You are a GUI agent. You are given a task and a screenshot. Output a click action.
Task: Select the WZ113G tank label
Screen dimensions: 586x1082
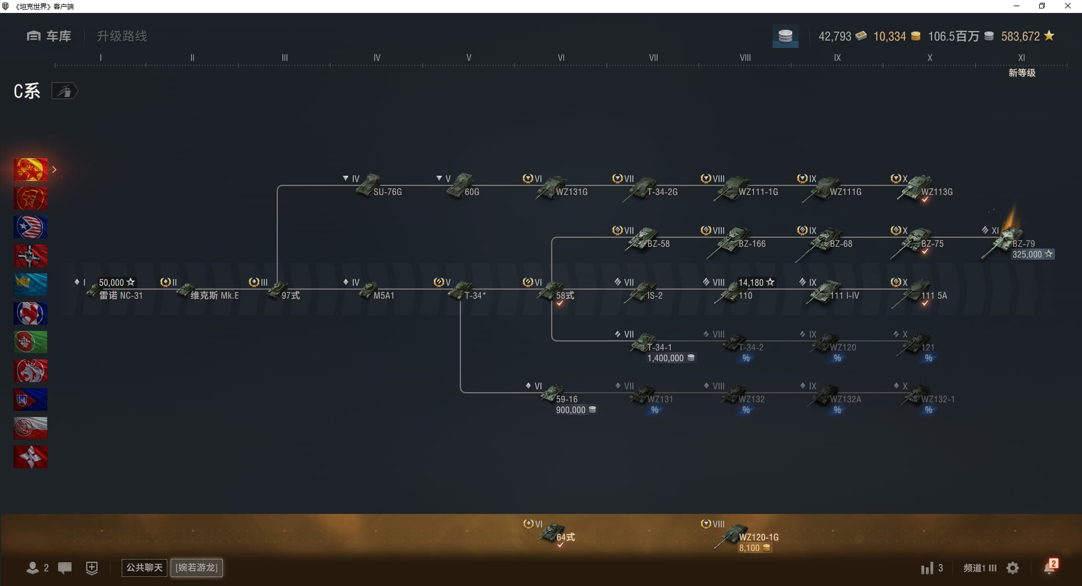(x=937, y=192)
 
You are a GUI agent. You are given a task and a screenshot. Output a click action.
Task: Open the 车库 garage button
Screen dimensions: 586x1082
(x=49, y=36)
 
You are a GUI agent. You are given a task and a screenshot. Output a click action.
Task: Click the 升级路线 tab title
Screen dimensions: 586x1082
(x=122, y=36)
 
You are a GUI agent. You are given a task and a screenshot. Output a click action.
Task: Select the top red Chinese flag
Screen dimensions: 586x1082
(x=30, y=170)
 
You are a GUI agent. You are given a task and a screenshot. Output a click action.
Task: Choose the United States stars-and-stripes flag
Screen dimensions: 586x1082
(x=30, y=227)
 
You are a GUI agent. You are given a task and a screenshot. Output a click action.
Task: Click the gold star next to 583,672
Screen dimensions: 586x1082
(x=1049, y=36)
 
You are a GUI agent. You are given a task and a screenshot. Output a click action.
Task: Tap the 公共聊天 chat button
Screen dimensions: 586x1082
(x=144, y=567)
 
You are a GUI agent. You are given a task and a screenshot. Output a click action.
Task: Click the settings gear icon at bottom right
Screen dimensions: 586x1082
(x=1013, y=568)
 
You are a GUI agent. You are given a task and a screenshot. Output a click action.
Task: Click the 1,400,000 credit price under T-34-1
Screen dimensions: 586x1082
(x=666, y=358)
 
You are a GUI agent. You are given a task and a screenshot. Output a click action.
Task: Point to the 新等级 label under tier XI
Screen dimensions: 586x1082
(x=1022, y=73)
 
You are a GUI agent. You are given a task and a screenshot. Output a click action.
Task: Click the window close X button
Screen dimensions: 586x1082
(x=1067, y=6)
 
